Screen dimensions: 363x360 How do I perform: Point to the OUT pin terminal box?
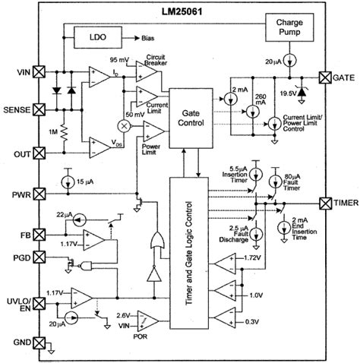39,154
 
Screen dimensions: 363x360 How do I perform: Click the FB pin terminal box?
39,235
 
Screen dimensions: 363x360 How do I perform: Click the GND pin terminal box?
39,342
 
